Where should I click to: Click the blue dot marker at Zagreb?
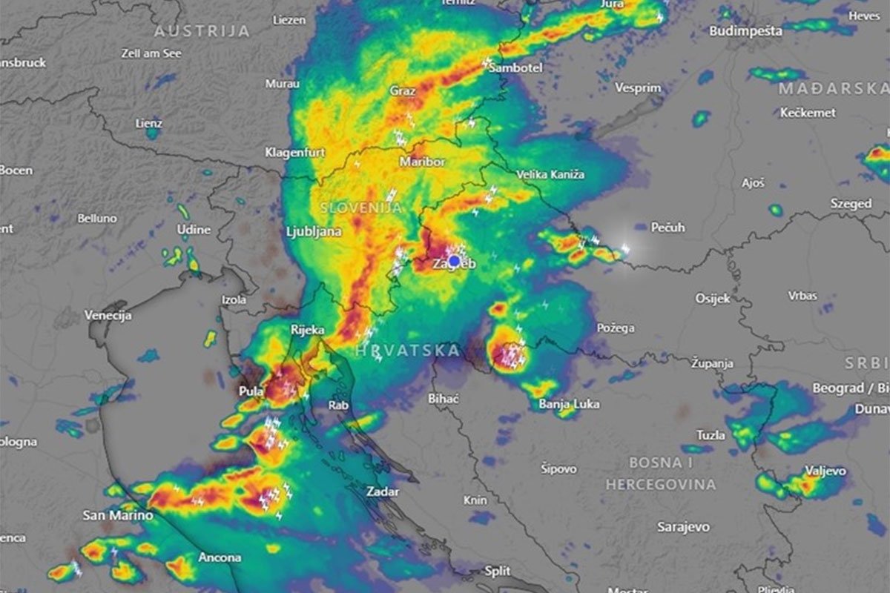(454, 261)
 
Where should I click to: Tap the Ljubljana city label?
(314, 231)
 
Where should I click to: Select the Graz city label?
(403, 90)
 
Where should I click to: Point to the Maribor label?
(422, 162)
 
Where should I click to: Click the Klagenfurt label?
(295, 153)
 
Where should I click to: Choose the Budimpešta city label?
(745, 31)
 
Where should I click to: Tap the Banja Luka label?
(569, 404)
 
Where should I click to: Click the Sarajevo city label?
(683, 527)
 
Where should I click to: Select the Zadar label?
(383, 491)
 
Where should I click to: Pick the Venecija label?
(108, 315)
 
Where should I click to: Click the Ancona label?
(220, 557)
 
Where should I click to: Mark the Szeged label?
(851, 203)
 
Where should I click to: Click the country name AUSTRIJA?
(202, 31)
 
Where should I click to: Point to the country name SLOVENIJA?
(361, 208)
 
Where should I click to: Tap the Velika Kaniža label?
(550, 174)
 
